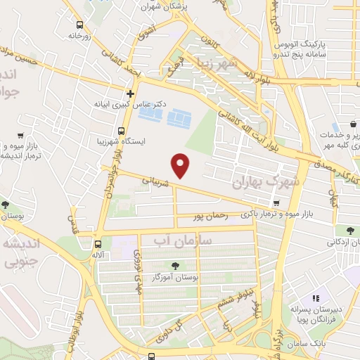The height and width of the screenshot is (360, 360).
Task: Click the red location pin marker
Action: coord(182,165)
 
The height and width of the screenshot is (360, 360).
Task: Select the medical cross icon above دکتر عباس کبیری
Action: coord(131,93)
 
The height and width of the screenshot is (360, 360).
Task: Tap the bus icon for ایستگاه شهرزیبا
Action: coord(122,131)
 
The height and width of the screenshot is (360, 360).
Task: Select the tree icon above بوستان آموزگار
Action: coord(174,266)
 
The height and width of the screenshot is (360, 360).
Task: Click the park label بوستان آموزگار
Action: coord(174,278)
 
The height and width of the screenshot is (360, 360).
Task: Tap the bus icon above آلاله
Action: coord(97,244)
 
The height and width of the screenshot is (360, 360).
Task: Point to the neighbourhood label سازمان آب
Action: coord(180,241)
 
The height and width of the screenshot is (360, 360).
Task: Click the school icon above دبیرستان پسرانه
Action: coord(316,298)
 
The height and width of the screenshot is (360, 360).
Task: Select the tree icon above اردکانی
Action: coord(350,231)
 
